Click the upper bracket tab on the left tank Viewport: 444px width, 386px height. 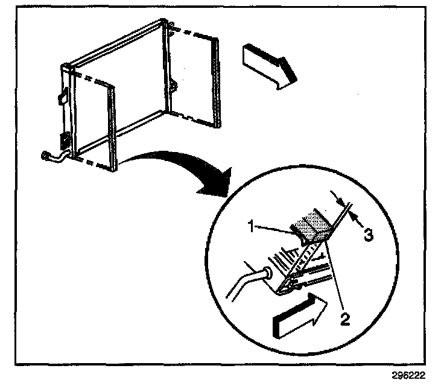pos(62,96)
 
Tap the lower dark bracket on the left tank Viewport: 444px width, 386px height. pos(62,143)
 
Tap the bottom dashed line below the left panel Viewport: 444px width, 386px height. pos(90,163)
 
